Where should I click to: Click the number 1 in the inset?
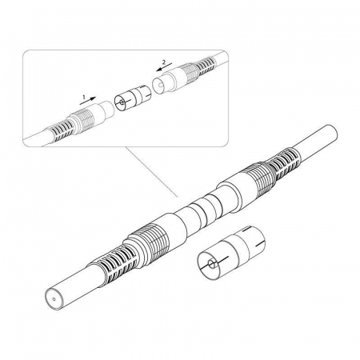tap(83, 97)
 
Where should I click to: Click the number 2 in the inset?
tap(164, 62)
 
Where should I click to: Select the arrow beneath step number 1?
tap(87, 101)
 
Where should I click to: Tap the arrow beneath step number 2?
tap(164, 67)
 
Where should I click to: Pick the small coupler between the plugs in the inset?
tap(133, 98)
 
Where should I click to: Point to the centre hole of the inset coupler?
tap(122, 102)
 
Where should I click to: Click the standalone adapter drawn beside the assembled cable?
tap(231, 253)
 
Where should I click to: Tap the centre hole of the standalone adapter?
tap(212, 265)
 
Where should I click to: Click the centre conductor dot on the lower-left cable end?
tap(54, 299)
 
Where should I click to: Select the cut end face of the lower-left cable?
tap(54, 299)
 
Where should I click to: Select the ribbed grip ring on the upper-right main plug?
tap(258, 178)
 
